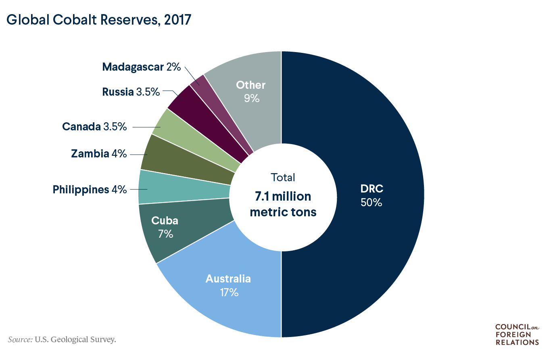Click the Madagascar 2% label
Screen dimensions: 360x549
pos(141,67)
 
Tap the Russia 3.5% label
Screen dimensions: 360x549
pos(131,92)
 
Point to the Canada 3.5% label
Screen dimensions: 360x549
pos(94,127)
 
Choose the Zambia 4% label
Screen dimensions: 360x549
pos(99,154)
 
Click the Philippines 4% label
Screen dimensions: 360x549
pos(90,189)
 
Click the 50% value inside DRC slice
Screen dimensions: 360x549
pos(371,202)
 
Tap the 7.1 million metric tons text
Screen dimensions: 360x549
pos(283,204)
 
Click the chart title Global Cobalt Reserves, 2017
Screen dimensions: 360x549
pos(99,20)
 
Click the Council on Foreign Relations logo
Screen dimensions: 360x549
pos(516,334)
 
